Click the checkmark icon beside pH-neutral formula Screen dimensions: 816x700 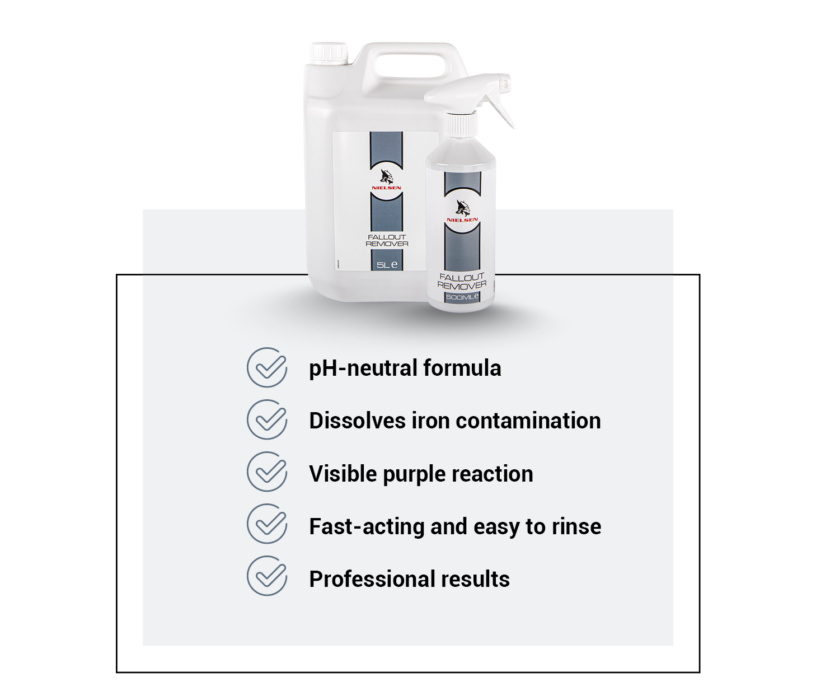[268, 367]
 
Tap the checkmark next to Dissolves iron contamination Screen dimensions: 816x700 [268, 419]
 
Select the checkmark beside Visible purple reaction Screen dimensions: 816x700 [268, 472]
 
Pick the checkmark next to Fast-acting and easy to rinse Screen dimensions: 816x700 [268, 524]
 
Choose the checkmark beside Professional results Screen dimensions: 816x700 [268, 576]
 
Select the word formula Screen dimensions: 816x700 [462, 368]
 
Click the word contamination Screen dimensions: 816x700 [528, 421]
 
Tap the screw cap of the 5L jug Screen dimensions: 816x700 [329, 53]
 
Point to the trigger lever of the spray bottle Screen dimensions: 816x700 [500, 105]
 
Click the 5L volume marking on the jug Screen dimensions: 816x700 [387, 265]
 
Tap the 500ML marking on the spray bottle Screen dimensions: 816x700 [462, 297]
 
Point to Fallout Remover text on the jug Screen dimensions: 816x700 [387, 241]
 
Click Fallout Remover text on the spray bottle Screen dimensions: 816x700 [462, 281]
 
